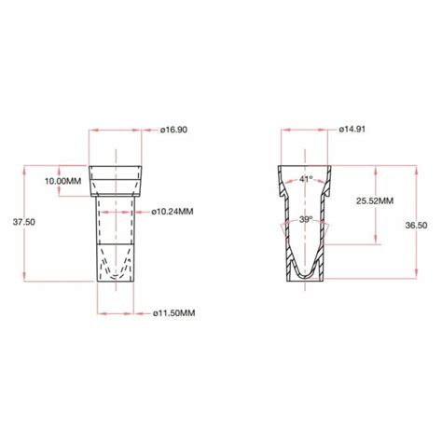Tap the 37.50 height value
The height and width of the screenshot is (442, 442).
coord(22,222)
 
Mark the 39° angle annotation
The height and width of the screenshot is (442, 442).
coord(305,219)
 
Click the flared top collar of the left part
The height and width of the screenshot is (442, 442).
coord(116,177)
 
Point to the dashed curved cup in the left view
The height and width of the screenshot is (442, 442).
coord(116,276)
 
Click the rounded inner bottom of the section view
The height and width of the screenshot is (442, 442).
coord(305,272)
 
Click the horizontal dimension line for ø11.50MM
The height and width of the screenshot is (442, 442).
coord(116,312)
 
